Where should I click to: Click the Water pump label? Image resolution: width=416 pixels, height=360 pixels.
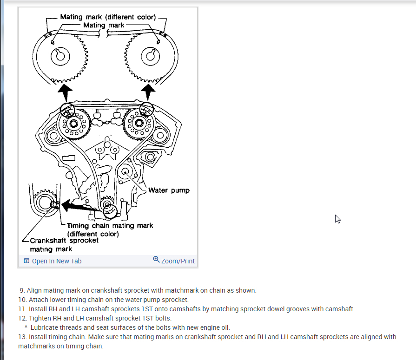169,190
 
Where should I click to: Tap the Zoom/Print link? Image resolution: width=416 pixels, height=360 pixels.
174,261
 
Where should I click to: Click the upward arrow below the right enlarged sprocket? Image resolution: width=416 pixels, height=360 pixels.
149,92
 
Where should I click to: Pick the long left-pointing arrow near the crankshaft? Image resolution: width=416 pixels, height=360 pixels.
81,206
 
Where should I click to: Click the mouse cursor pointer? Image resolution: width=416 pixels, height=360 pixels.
338,219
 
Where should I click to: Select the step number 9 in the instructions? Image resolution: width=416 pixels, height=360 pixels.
22,290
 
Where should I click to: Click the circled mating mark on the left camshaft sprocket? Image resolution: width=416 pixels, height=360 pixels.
67,110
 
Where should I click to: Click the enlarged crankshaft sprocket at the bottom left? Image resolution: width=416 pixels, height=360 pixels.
45,203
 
